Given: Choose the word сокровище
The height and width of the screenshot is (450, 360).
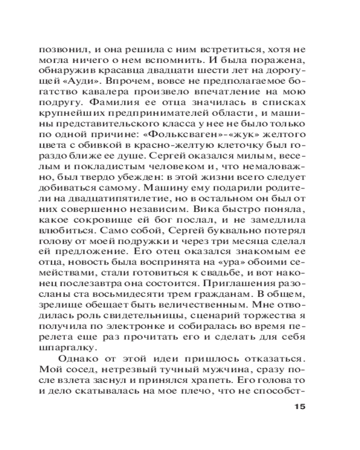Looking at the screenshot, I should coord(101,222).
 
